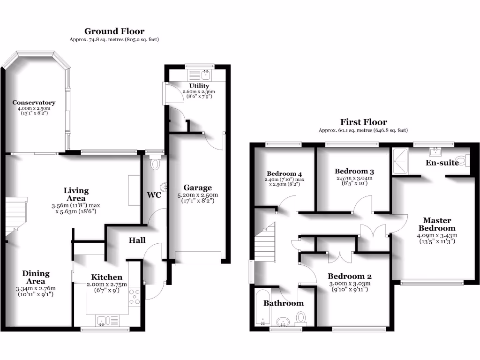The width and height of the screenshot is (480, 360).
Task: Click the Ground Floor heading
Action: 114,31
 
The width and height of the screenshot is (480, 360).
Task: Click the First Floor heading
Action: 363,122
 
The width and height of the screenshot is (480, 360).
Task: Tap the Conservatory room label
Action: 34,103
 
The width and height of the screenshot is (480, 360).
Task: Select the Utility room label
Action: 199,86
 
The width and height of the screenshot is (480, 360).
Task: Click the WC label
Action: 154,195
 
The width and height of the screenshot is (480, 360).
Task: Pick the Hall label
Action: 137,240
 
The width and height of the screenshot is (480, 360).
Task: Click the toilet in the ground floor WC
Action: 155,164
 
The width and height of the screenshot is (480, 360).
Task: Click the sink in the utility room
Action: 206,74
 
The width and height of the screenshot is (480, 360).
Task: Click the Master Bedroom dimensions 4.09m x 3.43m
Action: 437,235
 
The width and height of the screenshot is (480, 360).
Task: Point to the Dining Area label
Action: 36,277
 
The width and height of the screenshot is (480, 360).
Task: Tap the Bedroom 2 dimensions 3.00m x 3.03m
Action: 349,283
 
